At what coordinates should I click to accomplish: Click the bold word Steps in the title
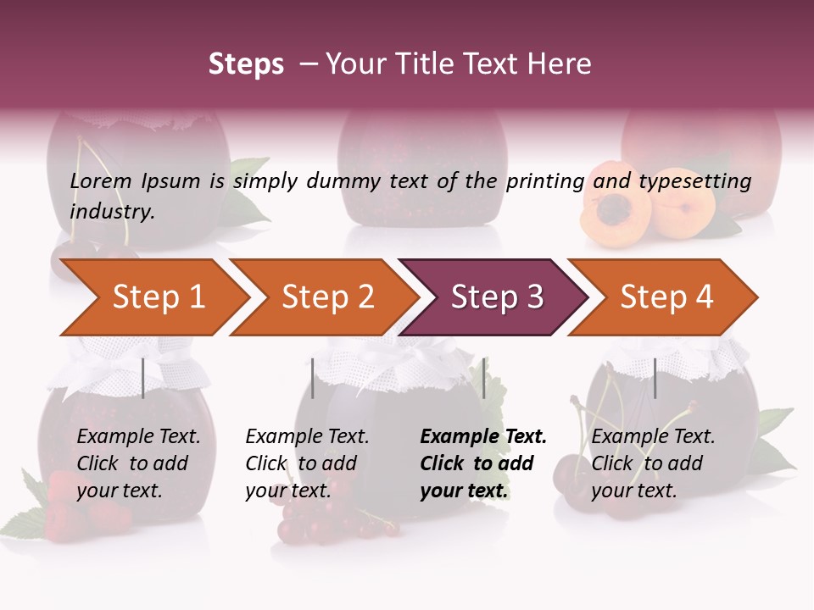tap(246, 64)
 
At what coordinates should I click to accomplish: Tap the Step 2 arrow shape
tap(327, 297)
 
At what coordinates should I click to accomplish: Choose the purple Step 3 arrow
tap(496, 297)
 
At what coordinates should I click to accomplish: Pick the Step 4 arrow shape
tap(666, 297)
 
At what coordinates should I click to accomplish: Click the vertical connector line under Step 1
tap(143, 378)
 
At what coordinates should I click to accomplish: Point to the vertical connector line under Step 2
tap(313, 378)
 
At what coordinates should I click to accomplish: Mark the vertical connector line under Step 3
tap(483, 378)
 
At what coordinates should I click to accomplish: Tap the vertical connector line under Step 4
tap(655, 378)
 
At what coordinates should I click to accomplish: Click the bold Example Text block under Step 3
tap(483, 463)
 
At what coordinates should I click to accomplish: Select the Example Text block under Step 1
tap(138, 463)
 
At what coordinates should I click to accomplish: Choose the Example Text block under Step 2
tap(307, 463)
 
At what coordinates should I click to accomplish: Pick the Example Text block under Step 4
tap(653, 463)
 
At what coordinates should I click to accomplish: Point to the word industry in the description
tap(112, 212)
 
